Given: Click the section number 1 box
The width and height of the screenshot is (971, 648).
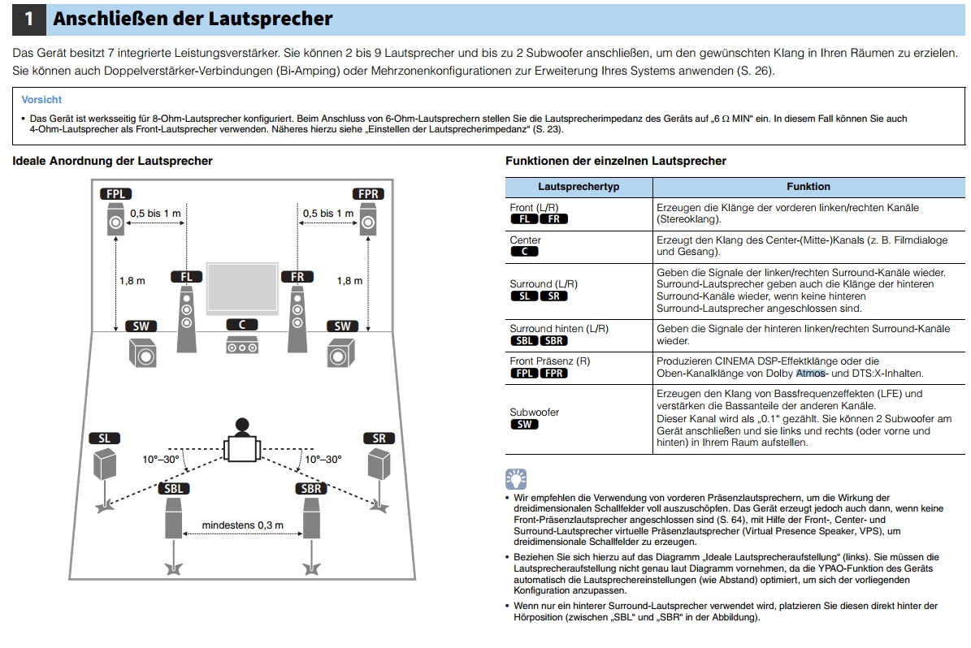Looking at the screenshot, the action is (28, 19).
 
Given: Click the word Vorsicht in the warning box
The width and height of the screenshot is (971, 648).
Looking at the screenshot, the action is (41, 100).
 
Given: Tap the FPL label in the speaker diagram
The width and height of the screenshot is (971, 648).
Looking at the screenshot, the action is (116, 194).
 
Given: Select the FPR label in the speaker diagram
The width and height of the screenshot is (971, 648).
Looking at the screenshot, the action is (368, 194).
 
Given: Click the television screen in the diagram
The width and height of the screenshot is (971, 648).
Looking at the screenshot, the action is (242, 287).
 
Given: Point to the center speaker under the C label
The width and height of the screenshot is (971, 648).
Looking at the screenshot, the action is (242, 345).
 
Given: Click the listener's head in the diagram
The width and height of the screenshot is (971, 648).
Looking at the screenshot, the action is (242, 426).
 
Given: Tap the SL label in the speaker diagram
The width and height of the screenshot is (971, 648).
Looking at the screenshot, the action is (104, 438).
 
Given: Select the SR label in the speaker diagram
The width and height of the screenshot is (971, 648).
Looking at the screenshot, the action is (379, 438).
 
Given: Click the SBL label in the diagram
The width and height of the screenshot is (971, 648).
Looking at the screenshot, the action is (173, 488).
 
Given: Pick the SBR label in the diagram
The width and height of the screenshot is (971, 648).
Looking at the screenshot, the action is (311, 488).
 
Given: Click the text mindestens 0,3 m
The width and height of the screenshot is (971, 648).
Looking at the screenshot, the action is (243, 525).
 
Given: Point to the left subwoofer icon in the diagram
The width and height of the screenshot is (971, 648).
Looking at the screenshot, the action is (142, 353).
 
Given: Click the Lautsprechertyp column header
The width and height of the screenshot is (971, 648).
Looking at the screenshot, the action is (579, 186).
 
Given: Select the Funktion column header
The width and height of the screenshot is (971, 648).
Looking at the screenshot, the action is (808, 186).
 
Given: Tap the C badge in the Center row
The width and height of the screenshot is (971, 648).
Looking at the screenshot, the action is (525, 251).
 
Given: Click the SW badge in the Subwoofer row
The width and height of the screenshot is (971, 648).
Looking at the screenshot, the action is (525, 425).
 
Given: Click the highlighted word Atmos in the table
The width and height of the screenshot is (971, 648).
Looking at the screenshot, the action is (811, 374).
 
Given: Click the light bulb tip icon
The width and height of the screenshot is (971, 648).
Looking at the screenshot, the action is (516, 479).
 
